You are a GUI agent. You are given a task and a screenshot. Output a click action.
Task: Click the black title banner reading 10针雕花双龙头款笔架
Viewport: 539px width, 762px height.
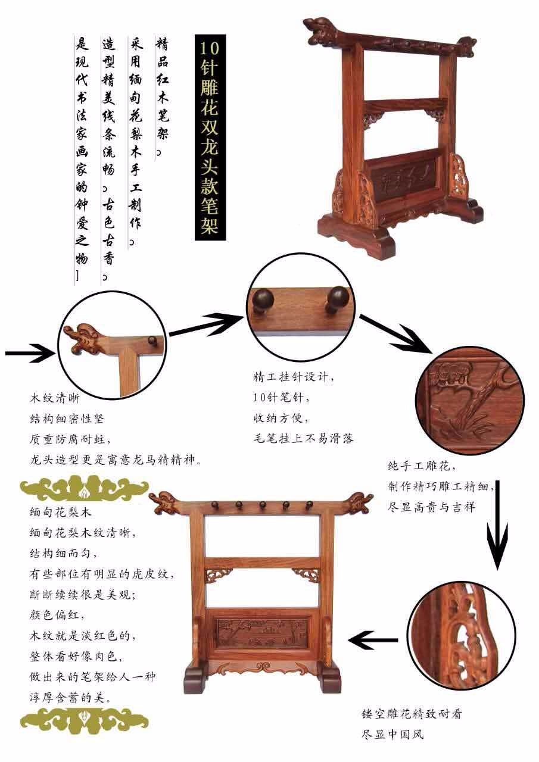tap(210, 138)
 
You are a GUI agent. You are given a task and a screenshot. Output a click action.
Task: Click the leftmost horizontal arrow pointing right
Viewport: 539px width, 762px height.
tap(30, 353)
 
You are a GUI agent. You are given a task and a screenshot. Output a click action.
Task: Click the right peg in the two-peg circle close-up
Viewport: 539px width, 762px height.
tap(335, 299)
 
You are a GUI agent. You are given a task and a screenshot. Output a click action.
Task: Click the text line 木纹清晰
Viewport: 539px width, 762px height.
tap(55, 398)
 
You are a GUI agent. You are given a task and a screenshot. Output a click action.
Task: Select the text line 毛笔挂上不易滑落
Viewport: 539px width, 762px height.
tap(304, 438)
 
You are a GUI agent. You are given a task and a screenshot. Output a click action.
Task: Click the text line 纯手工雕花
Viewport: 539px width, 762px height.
tap(422, 466)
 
